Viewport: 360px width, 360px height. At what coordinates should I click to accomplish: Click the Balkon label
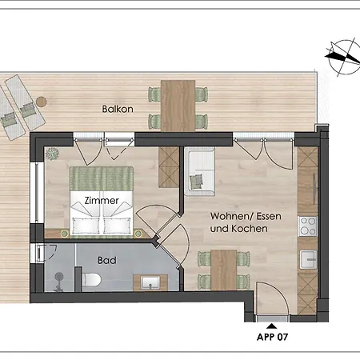coord(116,109)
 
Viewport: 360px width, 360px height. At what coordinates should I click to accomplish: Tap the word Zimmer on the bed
coord(101,201)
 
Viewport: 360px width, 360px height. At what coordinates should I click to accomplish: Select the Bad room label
coord(107,261)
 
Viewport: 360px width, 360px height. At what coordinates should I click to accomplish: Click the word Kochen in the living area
coord(247,229)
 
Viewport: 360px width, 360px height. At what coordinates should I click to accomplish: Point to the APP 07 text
coord(272,337)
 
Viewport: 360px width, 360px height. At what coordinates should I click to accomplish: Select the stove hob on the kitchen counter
coord(308,226)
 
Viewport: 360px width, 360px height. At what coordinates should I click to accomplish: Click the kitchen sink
coord(308,258)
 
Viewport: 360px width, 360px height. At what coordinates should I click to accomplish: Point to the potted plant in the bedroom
coord(53,153)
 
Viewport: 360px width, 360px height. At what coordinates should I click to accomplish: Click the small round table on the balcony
coord(41,102)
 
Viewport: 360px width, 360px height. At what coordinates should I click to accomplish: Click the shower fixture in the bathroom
coord(58,280)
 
